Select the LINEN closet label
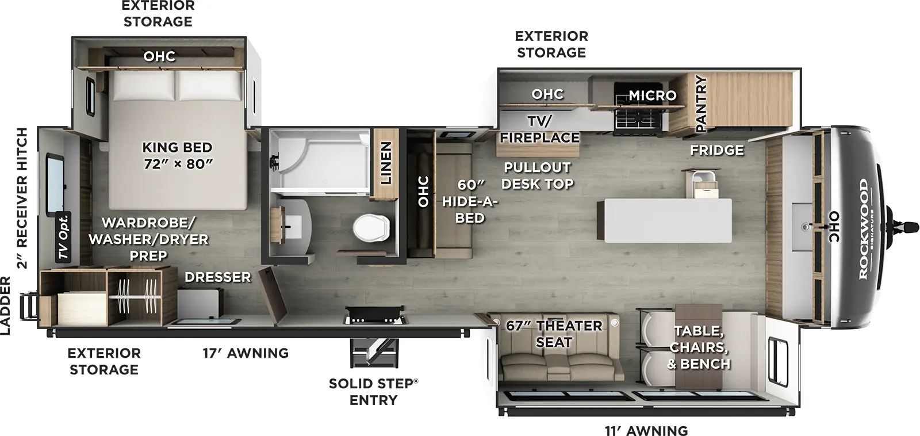tap(386, 163)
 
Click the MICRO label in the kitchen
tap(652, 95)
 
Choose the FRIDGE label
tap(716, 151)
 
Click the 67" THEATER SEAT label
tap(554, 334)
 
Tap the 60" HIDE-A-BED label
tap(470, 201)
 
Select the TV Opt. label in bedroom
tap(64, 236)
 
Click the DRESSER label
tap(217, 277)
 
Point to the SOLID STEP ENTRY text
tap(373, 392)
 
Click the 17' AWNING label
tap(246, 353)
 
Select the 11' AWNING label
tap(646, 430)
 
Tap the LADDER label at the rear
tap(6, 305)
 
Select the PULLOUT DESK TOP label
tap(537, 175)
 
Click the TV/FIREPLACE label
tap(539, 129)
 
